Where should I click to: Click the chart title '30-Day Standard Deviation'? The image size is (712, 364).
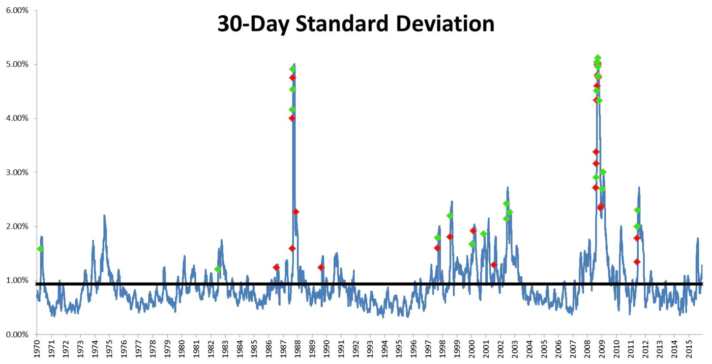[356, 24]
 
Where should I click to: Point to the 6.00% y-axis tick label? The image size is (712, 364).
[17, 11]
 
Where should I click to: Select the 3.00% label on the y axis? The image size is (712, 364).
[17, 173]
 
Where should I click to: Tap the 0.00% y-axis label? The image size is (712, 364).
[17, 335]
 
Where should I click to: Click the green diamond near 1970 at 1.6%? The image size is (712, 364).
[40, 248]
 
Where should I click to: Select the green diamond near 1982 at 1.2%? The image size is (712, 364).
[218, 269]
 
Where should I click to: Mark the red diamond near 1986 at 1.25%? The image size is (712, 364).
[276, 268]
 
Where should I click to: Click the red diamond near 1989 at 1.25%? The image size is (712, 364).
[321, 268]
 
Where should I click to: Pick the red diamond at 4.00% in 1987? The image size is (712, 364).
[292, 118]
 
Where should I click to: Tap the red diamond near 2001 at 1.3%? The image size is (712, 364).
[494, 265]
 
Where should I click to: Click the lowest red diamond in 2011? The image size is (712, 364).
[637, 262]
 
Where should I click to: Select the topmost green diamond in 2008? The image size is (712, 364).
[598, 58]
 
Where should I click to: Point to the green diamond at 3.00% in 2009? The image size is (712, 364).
[603, 172]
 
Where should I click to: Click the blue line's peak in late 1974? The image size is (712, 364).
[104, 216]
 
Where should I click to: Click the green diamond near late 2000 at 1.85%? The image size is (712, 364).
[484, 234]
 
